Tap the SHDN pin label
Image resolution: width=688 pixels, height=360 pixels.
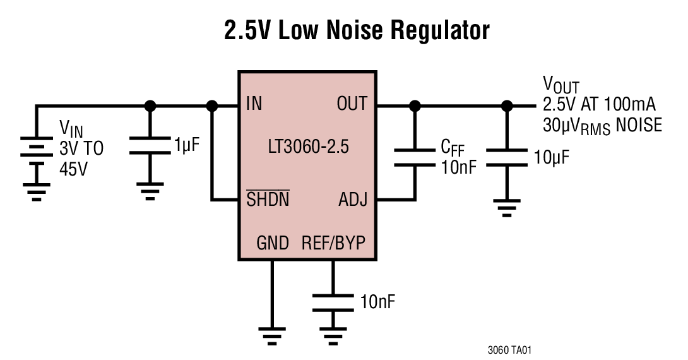pyautogui.click(x=268, y=200)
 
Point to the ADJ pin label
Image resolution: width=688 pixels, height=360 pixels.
pyautogui.click(x=353, y=200)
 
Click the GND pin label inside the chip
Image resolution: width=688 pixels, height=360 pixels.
pyautogui.click(x=273, y=243)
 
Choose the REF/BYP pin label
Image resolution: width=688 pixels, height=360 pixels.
pyautogui.click(x=334, y=243)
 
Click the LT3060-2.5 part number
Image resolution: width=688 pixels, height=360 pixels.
pyautogui.click(x=307, y=148)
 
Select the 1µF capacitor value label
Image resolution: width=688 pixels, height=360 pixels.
pyautogui.click(x=187, y=147)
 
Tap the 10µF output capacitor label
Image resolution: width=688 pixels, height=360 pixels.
pyautogui.click(x=551, y=157)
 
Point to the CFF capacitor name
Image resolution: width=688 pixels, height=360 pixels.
pyautogui.click(x=453, y=148)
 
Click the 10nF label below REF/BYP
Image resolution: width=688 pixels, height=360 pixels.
pyautogui.click(x=377, y=301)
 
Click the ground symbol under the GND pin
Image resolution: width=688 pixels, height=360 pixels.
pyautogui.click(x=272, y=335)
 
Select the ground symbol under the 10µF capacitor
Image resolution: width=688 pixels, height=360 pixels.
pyautogui.click(x=506, y=207)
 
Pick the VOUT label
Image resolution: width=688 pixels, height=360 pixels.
pyautogui.click(x=560, y=85)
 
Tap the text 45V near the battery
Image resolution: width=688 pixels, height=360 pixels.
pyautogui.click(x=74, y=169)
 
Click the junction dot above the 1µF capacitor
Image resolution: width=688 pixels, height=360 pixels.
pyautogui.click(x=150, y=105)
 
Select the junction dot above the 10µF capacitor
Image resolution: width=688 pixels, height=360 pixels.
pyautogui.click(x=506, y=105)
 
